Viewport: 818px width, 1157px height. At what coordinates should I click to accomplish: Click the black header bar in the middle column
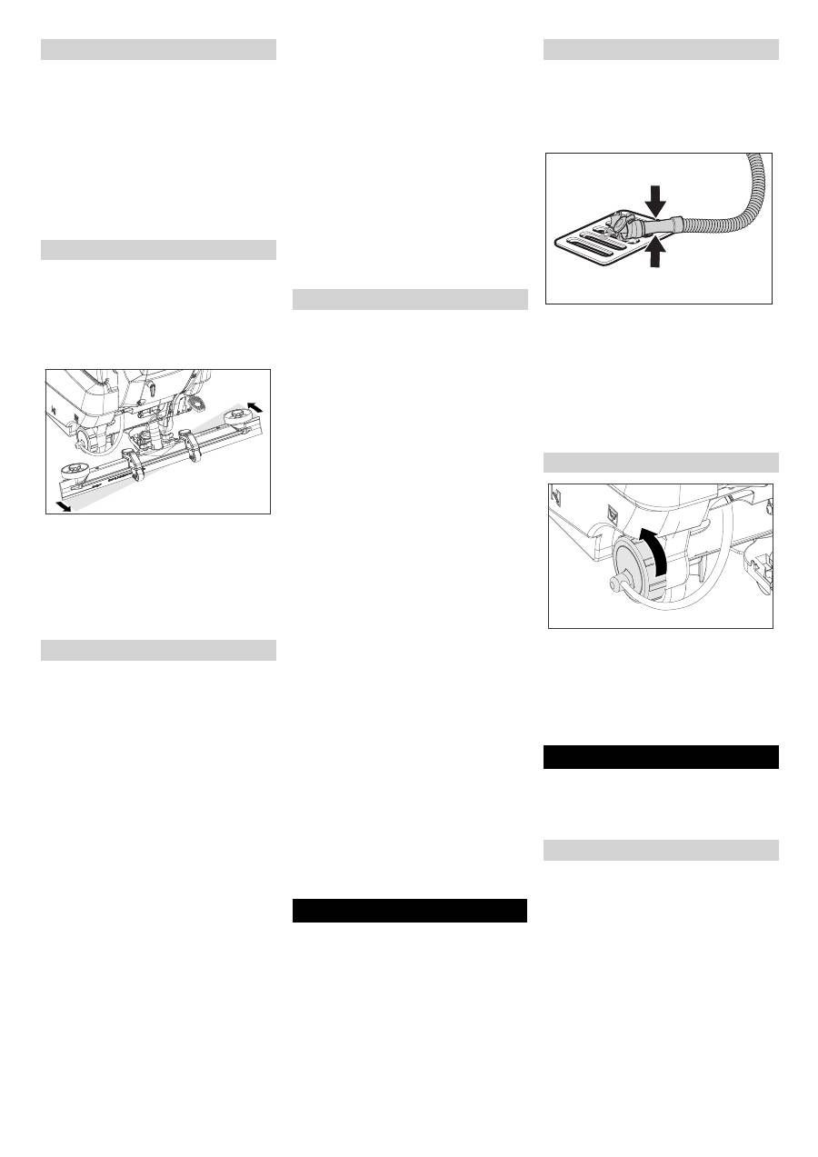pyautogui.click(x=410, y=911)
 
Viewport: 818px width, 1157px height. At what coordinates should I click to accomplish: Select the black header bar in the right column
pyautogui.click(x=661, y=757)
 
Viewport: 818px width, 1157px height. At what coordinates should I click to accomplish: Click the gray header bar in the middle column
pyautogui.click(x=410, y=300)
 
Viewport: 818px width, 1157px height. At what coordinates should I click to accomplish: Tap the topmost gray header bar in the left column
pyautogui.click(x=158, y=49)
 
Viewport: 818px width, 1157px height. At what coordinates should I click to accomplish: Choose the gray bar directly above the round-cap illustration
pyautogui.click(x=661, y=462)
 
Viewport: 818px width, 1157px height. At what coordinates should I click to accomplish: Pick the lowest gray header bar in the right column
pyautogui.click(x=661, y=850)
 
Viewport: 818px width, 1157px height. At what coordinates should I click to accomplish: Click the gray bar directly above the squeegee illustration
pyautogui.click(x=158, y=250)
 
